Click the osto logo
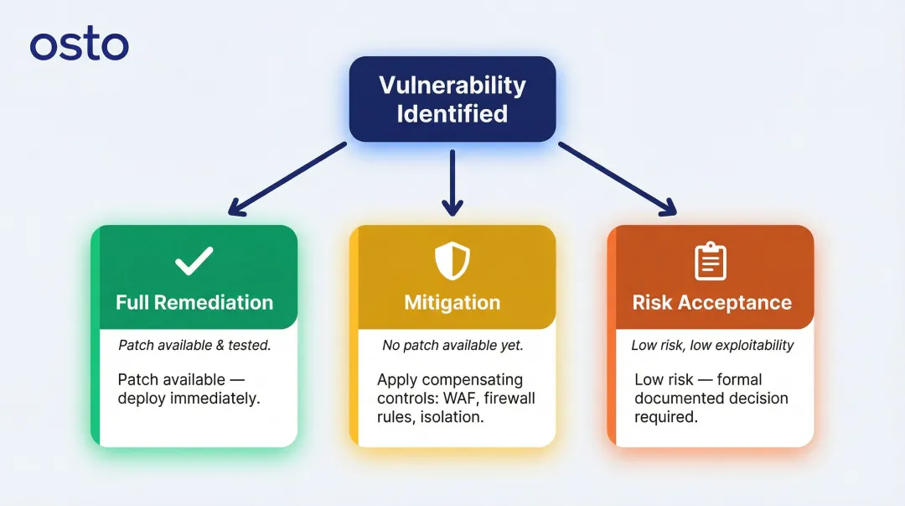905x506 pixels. tap(80, 45)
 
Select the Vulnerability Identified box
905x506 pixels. tap(452, 99)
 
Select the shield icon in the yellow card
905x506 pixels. tap(452, 262)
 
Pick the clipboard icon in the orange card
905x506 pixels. tap(711, 262)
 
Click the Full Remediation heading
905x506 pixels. tap(194, 303)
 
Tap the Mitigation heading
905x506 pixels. tap(452, 303)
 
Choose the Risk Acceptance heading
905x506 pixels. tap(711, 303)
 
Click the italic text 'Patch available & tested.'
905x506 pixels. tap(194, 345)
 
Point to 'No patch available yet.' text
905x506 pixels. tap(452, 345)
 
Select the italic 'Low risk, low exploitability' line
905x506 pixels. tap(712, 345)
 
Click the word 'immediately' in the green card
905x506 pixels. tap(216, 399)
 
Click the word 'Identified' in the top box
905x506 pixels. tap(452, 113)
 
